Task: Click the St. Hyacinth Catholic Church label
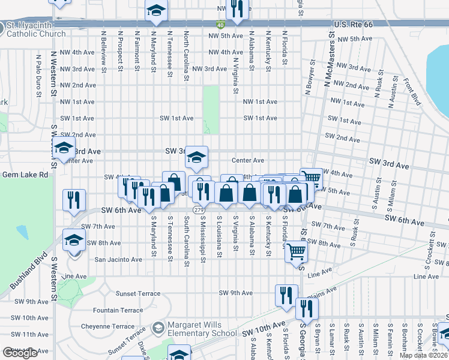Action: tap(36, 30)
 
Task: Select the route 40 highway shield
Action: tap(220, 25)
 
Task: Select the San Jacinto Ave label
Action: tap(119, 259)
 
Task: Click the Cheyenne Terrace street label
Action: tap(116, 326)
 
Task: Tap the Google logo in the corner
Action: tap(20, 353)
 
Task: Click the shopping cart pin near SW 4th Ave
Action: tap(311, 178)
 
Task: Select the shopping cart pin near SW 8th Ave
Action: tap(296, 253)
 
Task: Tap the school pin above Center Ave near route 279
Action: tap(196, 158)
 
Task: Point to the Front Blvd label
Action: tap(413, 92)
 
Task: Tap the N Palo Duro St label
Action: tap(38, 76)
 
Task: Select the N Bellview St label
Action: tap(104, 52)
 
